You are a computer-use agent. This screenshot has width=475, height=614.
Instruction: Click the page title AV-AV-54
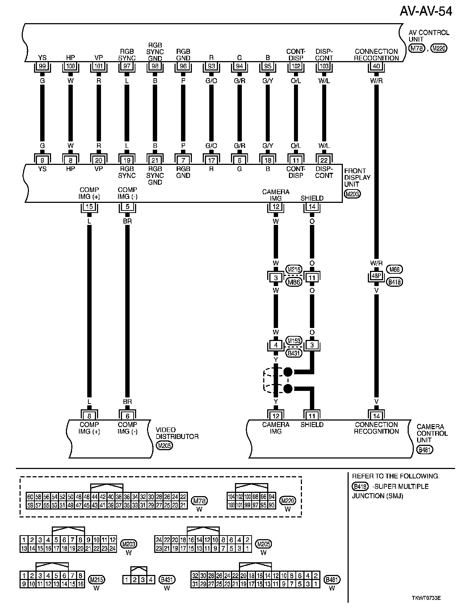click(x=426, y=12)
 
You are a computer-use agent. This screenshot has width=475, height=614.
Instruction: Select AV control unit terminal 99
click(x=42, y=67)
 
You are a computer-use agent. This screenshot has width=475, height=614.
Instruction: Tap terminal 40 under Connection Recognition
click(x=377, y=67)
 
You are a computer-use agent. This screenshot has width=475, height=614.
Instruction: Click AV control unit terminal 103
click(x=324, y=67)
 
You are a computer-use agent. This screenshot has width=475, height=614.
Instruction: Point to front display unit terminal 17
click(x=211, y=159)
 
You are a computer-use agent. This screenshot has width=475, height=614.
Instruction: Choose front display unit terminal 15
click(x=89, y=207)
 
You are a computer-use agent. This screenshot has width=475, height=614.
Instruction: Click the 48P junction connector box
click(x=377, y=276)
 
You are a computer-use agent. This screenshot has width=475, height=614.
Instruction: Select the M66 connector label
click(x=395, y=269)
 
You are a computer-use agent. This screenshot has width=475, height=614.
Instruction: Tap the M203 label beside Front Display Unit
click(x=353, y=194)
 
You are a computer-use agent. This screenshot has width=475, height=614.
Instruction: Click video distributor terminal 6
click(x=127, y=416)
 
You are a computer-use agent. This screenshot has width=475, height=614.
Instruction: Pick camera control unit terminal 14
click(x=377, y=416)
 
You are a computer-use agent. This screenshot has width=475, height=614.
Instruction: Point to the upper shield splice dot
click(x=288, y=372)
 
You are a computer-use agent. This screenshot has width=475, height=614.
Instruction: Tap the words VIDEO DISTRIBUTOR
click(x=177, y=433)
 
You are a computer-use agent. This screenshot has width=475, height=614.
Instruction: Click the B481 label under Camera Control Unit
click(x=425, y=450)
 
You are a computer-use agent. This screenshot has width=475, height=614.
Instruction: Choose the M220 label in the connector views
click(x=288, y=501)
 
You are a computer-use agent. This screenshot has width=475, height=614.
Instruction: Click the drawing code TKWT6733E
click(x=426, y=598)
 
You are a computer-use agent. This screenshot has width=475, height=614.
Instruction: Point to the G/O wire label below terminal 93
click(x=211, y=81)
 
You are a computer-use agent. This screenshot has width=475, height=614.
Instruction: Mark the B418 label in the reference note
click(x=360, y=486)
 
